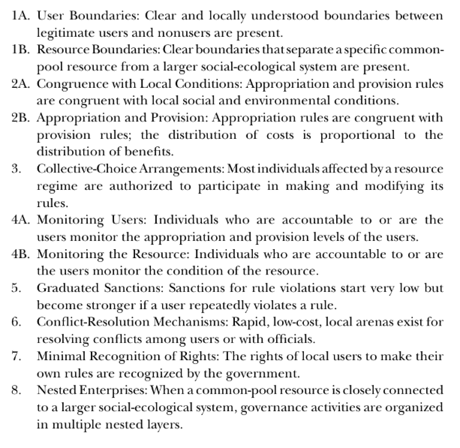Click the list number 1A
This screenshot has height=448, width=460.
[x=21, y=16]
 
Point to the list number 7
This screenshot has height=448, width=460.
[x=16, y=356]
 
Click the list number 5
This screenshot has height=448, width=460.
[x=16, y=288]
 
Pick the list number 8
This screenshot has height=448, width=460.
[x=16, y=390]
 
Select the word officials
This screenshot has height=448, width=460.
[x=291, y=339]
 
